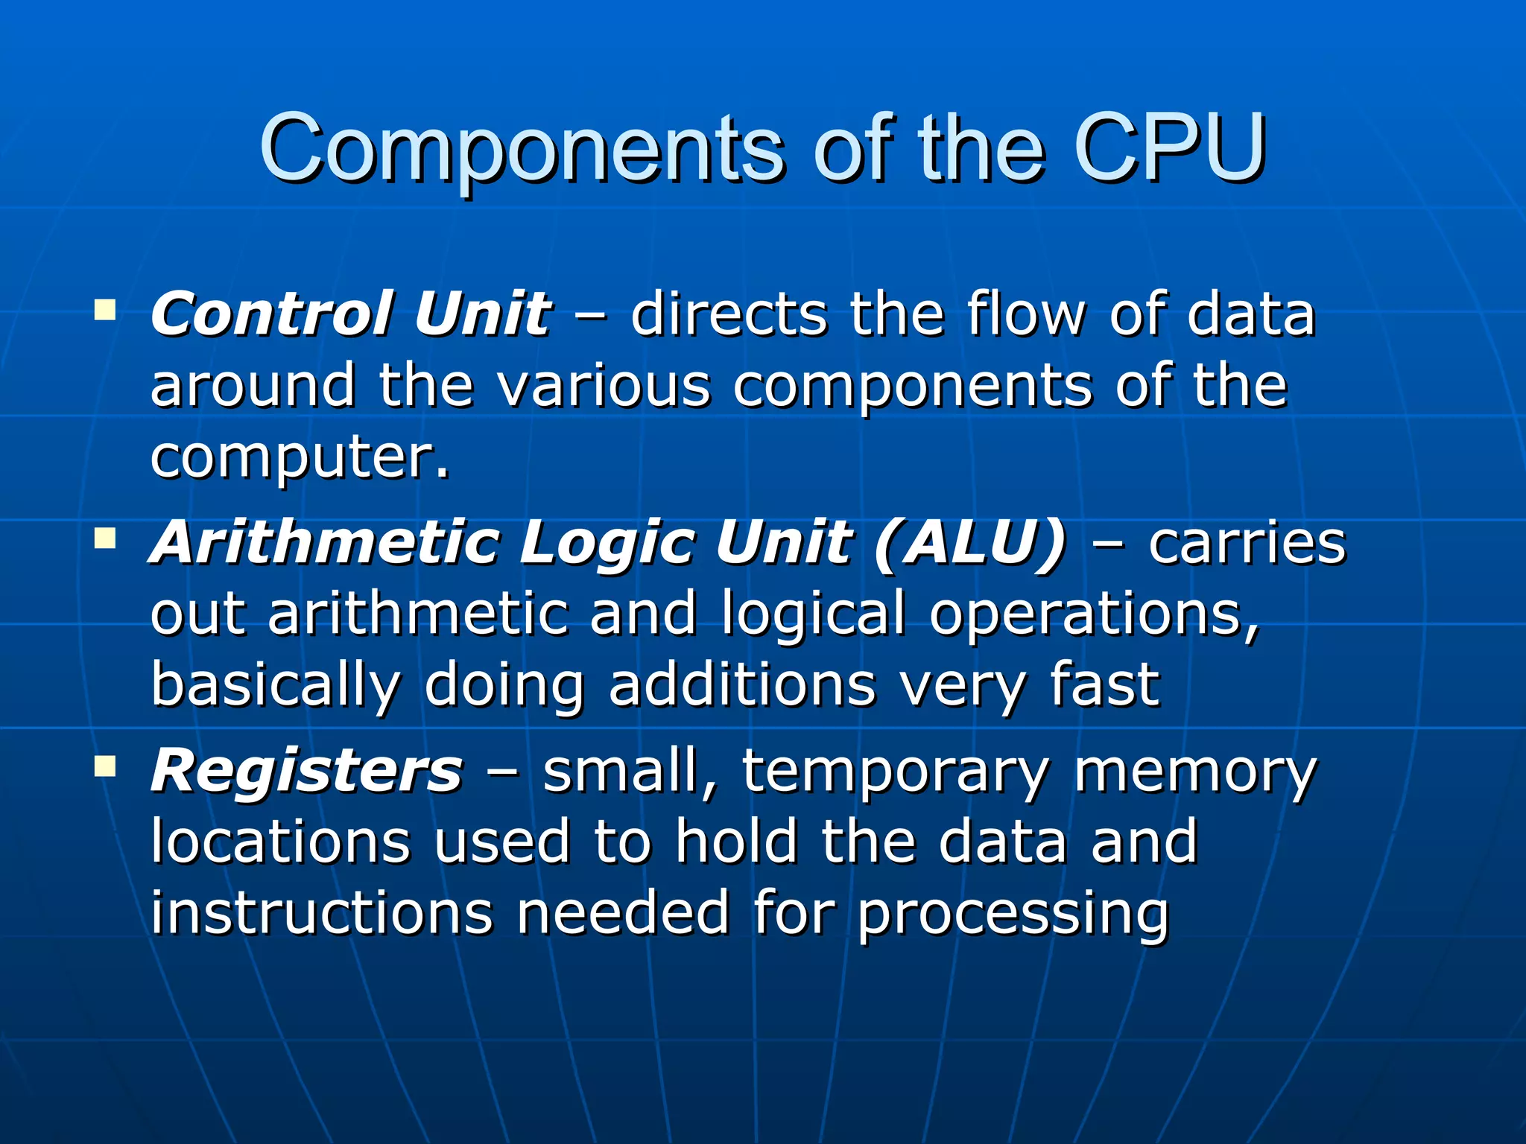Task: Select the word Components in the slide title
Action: (522, 149)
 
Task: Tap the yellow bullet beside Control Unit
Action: (105, 309)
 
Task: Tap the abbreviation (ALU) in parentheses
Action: (971, 542)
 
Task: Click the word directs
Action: (729, 314)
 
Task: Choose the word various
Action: (604, 386)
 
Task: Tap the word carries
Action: (1247, 542)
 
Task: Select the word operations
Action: (1093, 614)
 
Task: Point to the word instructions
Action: (322, 912)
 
